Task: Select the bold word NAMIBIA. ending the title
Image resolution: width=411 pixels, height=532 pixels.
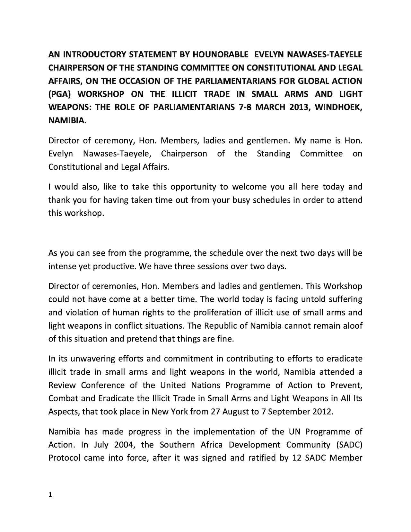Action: pos(67,120)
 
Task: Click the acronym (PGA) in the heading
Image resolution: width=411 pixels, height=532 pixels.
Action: pos(59,94)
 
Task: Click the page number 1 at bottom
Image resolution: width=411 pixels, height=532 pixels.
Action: pos(50,495)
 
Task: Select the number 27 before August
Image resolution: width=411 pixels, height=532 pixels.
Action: pos(215,412)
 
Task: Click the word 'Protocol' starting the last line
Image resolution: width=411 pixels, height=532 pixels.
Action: pos(64,458)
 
